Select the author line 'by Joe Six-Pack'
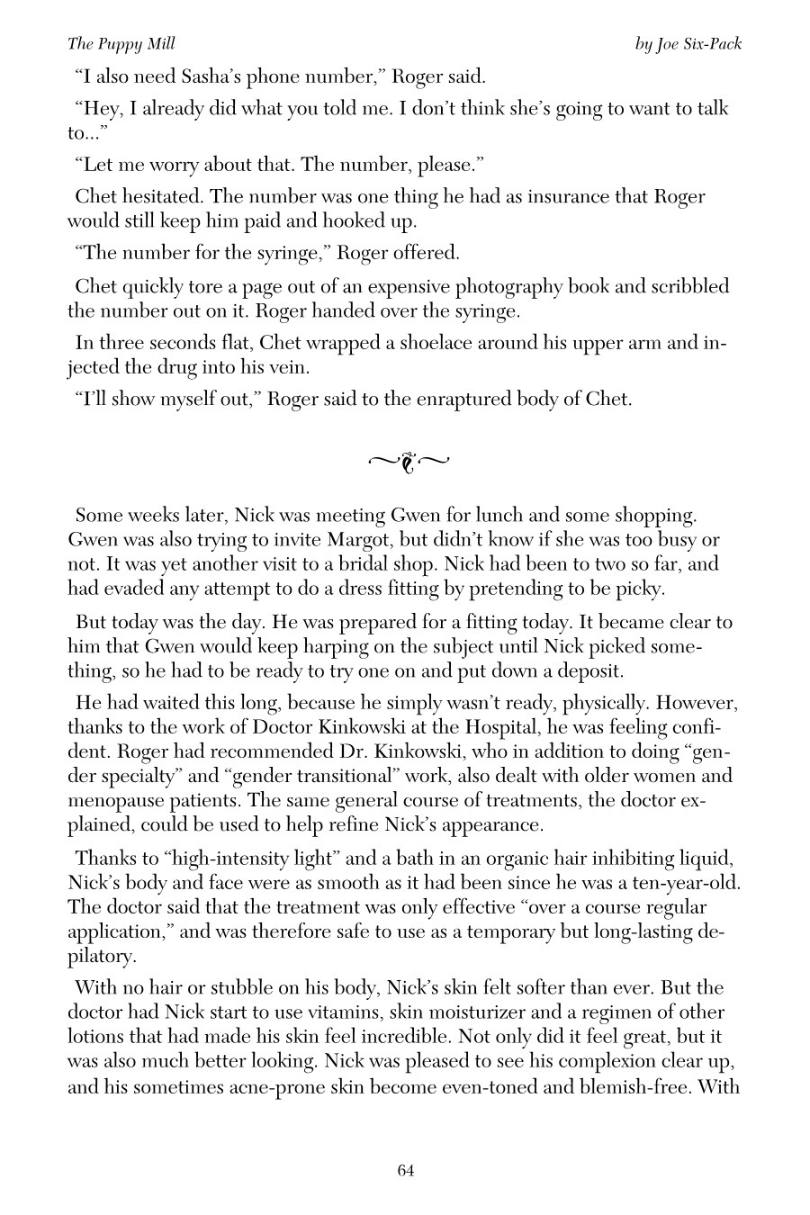coord(688,44)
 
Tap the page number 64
coord(405,1170)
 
